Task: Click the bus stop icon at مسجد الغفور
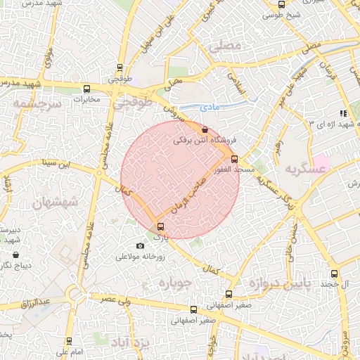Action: tap(235, 159)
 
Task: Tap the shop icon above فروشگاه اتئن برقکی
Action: tap(204, 129)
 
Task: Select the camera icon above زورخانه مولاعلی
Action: tap(140, 245)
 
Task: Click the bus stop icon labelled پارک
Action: tap(161, 226)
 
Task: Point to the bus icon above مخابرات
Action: tap(86, 89)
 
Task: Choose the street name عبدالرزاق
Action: tap(35, 303)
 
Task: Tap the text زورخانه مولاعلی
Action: tap(141, 257)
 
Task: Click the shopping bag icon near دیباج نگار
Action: tap(16, 255)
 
